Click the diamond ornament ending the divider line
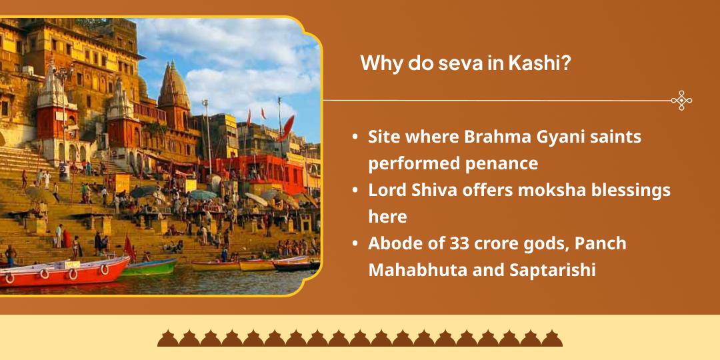pos(681,101)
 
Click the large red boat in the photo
pos(67,272)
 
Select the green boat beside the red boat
pos(150,267)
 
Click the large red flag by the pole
pos(287,127)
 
